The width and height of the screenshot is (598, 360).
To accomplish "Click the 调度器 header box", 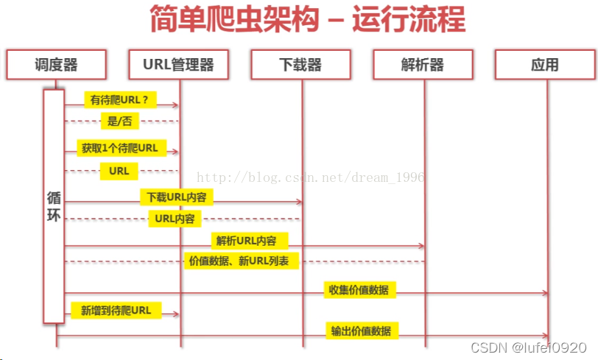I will click(x=56, y=65).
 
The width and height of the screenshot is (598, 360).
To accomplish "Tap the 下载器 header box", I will click(x=302, y=65).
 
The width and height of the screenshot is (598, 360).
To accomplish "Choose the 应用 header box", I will click(x=545, y=65).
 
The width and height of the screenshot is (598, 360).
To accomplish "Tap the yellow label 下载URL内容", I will click(x=175, y=197).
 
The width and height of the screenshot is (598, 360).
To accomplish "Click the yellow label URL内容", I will click(x=175, y=219).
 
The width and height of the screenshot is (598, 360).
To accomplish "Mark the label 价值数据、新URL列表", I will click(x=241, y=261).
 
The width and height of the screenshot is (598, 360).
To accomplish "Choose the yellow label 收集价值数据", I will click(x=359, y=289).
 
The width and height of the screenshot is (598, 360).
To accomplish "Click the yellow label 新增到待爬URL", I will click(x=116, y=311).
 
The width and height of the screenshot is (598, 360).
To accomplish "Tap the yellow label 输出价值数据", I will click(x=361, y=331).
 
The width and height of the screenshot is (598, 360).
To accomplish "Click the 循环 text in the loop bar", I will click(x=54, y=207).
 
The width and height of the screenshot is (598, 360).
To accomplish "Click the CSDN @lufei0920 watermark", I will click(x=528, y=347).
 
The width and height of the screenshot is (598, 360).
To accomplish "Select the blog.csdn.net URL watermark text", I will click(x=309, y=177).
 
